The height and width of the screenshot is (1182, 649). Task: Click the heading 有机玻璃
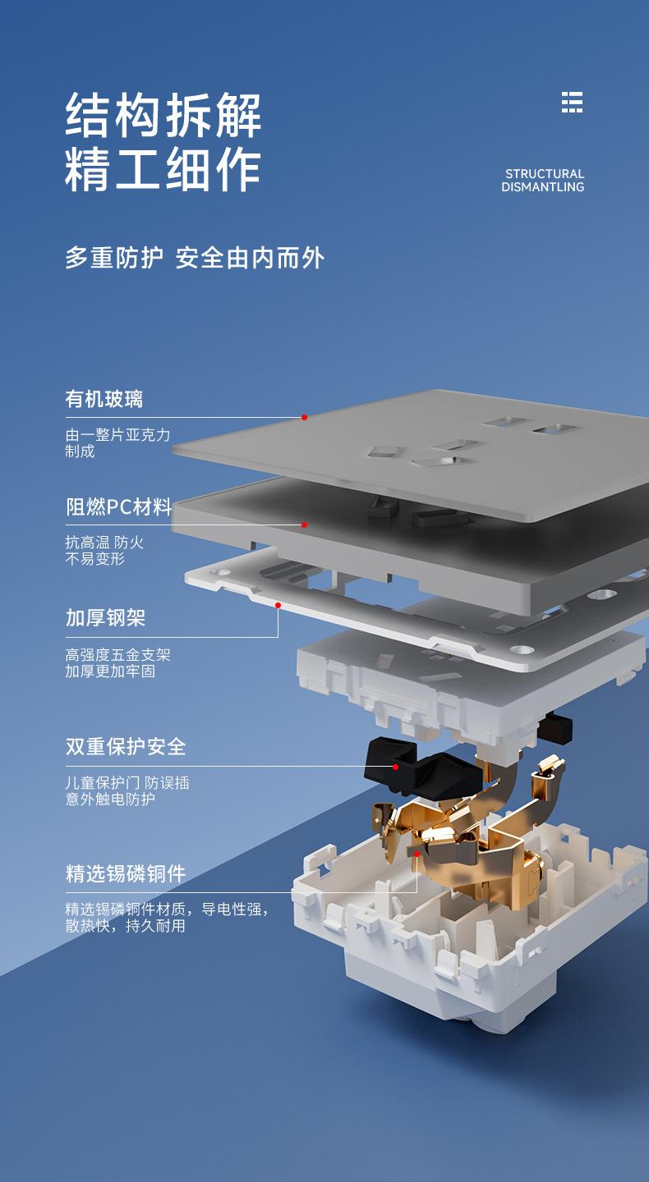[x=104, y=399]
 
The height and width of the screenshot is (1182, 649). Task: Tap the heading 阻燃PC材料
[x=119, y=507]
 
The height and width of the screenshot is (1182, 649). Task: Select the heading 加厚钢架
[x=106, y=617]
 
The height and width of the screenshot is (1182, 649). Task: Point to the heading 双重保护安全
[x=126, y=746]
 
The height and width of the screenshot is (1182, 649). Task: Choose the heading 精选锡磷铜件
[x=126, y=873]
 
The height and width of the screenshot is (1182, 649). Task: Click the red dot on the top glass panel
[x=304, y=417]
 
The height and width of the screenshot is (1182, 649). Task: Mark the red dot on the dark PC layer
[x=304, y=525]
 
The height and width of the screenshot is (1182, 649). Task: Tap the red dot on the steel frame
[x=278, y=605]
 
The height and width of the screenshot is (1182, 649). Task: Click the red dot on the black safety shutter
[x=395, y=767]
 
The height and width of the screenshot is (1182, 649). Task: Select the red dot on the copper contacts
[x=417, y=854]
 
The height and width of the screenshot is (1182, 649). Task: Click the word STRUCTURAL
[x=545, y=174]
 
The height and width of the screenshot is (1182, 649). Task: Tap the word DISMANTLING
[x=543, y=187]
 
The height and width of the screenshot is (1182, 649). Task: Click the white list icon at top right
[x=572, y=102]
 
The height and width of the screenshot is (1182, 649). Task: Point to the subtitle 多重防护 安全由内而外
[x=195, y=258]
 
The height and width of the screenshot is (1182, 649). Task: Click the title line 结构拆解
[x=163, y=115]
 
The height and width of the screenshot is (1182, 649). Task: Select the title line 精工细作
[x=163, y=169]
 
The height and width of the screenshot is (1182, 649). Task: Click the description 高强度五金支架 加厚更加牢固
[x=117, y=663]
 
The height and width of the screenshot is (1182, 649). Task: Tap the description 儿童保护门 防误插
[x=127, y=782]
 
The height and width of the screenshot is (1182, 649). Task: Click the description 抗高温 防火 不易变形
[x=104, y=550]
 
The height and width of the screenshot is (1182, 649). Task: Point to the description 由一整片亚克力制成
[x=117, y=442]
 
